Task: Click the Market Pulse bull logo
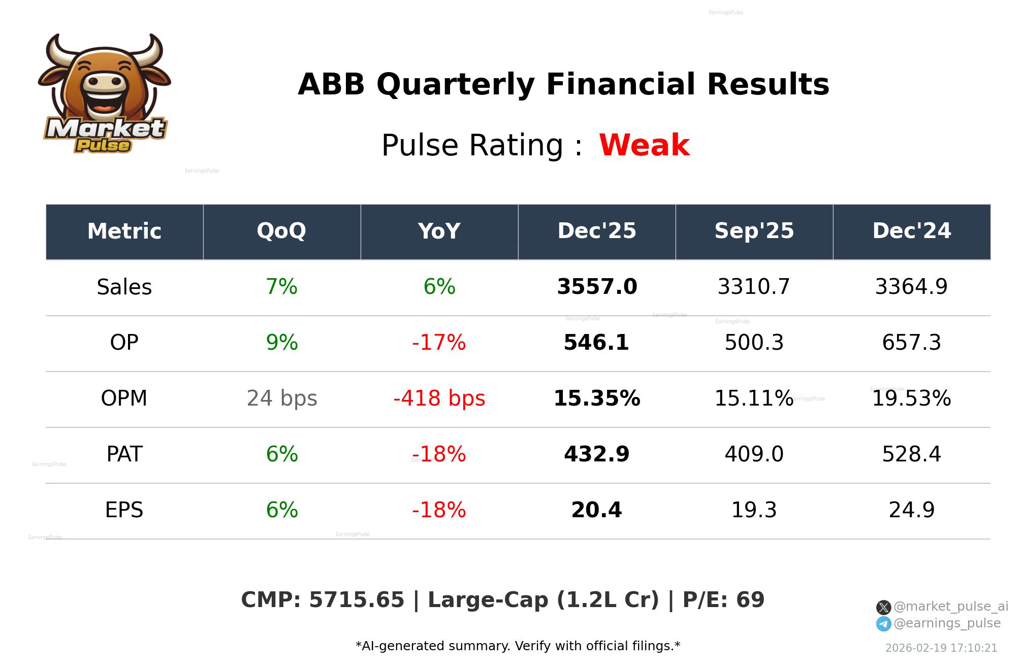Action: coord(105,94)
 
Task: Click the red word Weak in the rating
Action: coord(644,145)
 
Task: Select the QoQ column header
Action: coord(281,231)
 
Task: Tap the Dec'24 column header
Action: coord(911,231)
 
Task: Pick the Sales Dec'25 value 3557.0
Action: coord(597,287)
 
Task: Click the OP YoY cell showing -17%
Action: coord(439,343)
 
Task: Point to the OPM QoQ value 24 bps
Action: coord(282,398)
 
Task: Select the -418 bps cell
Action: coord(439,398)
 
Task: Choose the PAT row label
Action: coord(124,454)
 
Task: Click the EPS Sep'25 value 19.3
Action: coord(754,510)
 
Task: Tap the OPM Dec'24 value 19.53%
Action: coord(911,398)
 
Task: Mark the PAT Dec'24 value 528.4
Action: coord(911,454)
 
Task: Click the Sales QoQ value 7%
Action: coord(281,287)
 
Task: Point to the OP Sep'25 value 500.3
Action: coord(754,343)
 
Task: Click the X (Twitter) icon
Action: coord(883,607)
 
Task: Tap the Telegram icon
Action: coord(883,624)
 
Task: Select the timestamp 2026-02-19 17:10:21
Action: coord(941,648)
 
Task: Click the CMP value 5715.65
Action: coord(357,600)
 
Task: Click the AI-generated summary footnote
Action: coord(518,646)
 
